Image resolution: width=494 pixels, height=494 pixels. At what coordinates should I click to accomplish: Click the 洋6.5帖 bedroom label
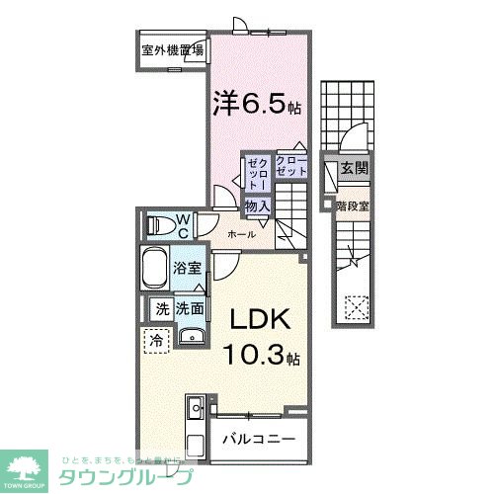point(249,103)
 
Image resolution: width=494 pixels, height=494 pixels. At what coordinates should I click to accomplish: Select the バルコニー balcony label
point(257,438)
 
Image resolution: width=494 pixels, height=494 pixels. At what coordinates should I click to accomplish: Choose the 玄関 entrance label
point(353,169)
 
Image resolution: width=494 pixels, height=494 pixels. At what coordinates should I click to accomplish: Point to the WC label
point(183,225)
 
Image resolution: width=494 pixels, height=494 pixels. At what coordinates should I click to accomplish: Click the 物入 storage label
point(257,206)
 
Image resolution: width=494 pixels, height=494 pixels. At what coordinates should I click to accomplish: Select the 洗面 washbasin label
point(191,309)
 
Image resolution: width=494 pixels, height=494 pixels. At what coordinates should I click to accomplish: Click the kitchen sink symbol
point(195,406)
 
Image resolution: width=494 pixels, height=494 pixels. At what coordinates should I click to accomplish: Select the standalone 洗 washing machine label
point(161,309)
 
